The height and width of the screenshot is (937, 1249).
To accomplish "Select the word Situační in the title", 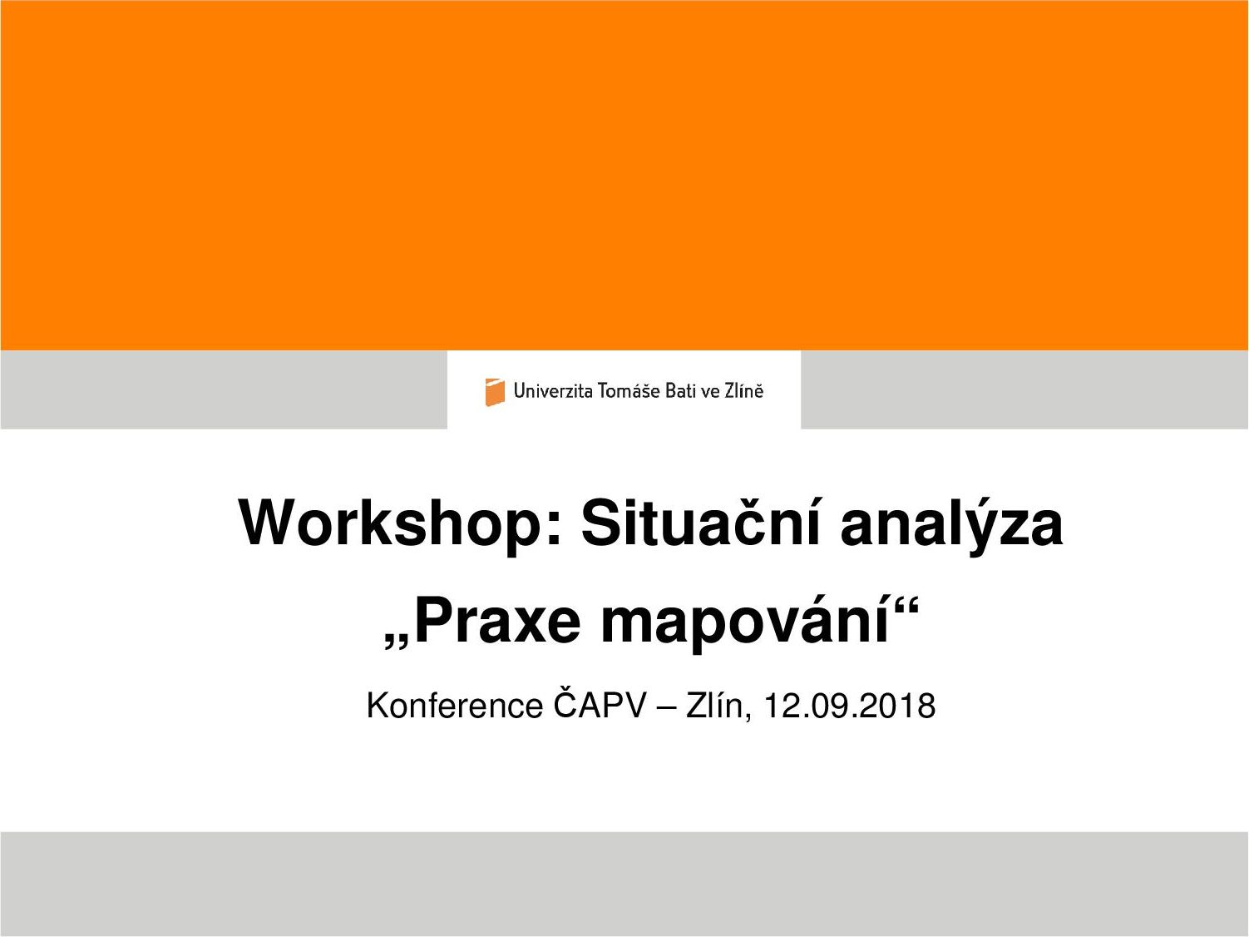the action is pos(700,522).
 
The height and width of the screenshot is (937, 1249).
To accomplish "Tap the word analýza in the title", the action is pos(951,523).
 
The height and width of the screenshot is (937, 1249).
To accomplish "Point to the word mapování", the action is pos(745,624).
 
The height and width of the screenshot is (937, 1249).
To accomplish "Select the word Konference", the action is pos(455,706).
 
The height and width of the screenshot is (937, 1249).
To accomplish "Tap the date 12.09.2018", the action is pos(849,706).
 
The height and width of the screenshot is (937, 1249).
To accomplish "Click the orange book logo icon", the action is pos(495,392).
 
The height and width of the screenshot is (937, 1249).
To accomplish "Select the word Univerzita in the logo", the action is pos(553,390).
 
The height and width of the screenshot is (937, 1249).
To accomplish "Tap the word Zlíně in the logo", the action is pos(743,390).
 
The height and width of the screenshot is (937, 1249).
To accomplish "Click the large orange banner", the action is pos(624,176).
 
